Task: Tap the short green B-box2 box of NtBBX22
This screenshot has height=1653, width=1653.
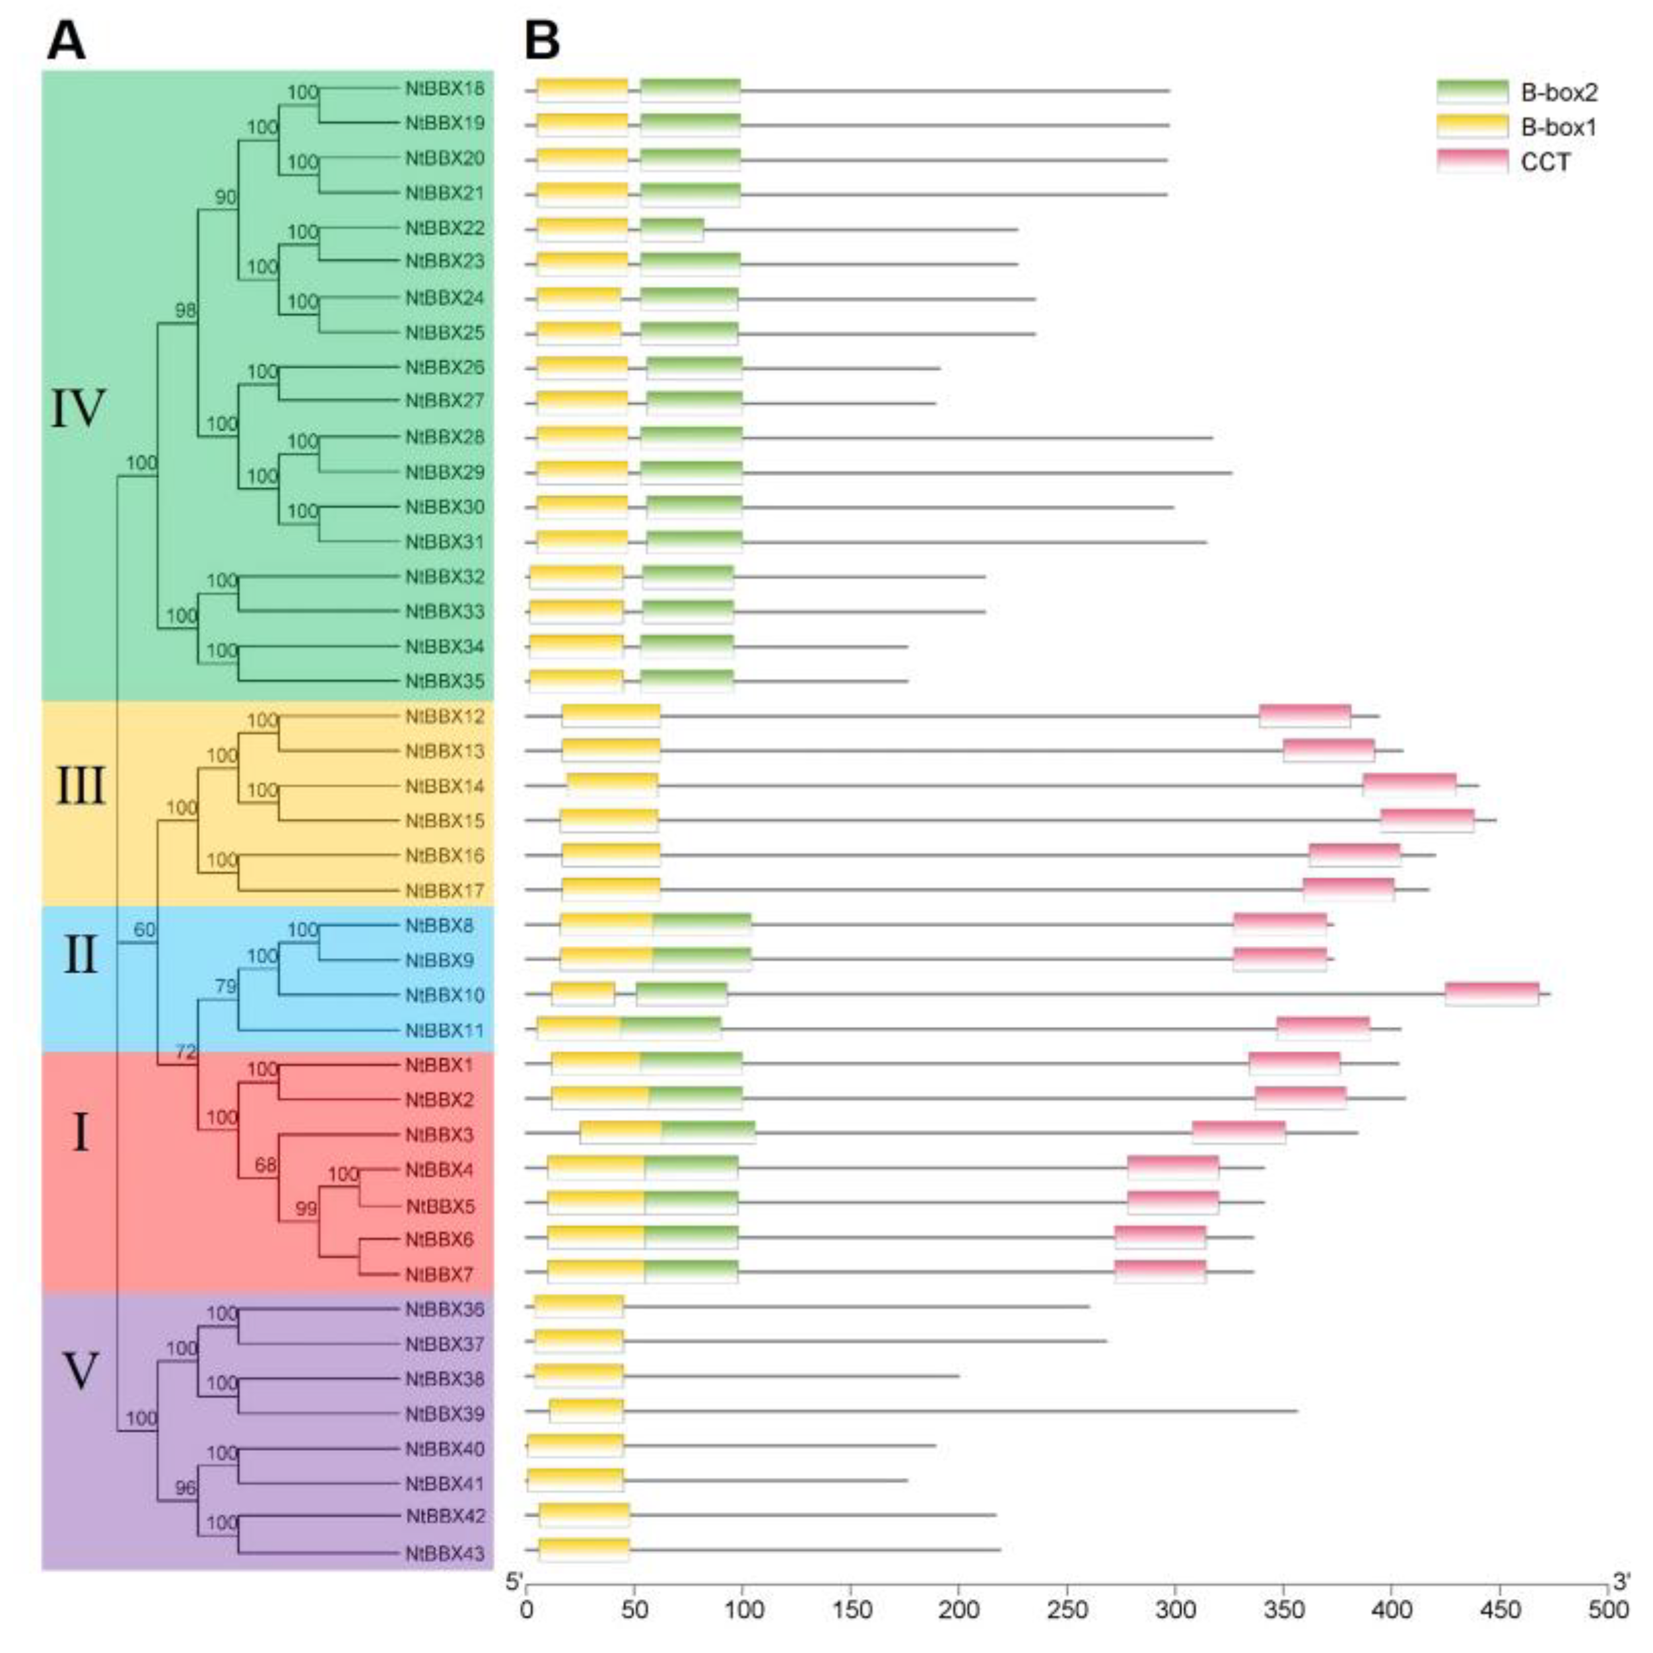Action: pyautogui.click(x=672, y=230)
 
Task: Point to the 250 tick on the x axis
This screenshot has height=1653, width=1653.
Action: pyautogui.click(x=1067, y=1610)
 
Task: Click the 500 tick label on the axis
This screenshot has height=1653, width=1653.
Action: pyautogui.click(x=1608, y=1610)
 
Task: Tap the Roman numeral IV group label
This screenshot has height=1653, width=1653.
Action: pyautogui.click(x=78, y=409)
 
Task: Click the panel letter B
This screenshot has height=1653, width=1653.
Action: pyautogui.click(x=541, y=40)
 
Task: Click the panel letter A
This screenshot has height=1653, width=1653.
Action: pyautogui.click(x=66, y=40)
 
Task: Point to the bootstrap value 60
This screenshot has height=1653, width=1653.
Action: pyautogui.click(x=145, y=929)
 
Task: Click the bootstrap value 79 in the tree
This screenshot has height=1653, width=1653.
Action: pyautogui.click(x=225, y=986)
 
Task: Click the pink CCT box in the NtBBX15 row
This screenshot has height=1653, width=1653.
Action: pyautogui.click(x=1426, y=819)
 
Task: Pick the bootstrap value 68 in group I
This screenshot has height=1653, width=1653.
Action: pyautogui.click(x=265, y=1166)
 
